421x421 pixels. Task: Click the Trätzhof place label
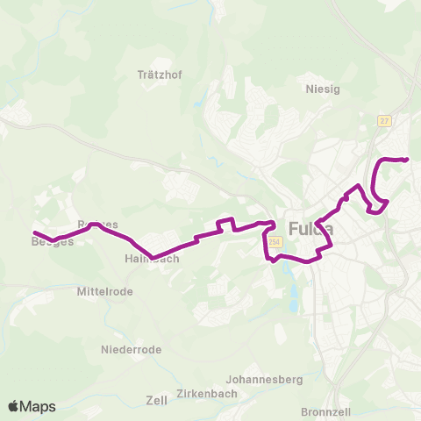[159, 75]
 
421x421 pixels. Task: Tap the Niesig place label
[321, 89]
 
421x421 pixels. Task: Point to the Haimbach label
[153, 259]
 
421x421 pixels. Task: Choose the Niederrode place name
[132, 349]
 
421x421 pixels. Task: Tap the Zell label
[157, 400]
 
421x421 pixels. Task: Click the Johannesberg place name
[264, 380]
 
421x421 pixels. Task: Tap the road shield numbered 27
[384, 120]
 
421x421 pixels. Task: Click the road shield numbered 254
[275, 242]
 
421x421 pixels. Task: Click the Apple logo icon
[15, 406]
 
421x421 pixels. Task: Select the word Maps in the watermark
[39, 406]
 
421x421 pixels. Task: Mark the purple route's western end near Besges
[34, 232]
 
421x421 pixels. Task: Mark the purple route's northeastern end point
[408, 159]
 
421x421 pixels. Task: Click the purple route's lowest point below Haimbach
[153, 258]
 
